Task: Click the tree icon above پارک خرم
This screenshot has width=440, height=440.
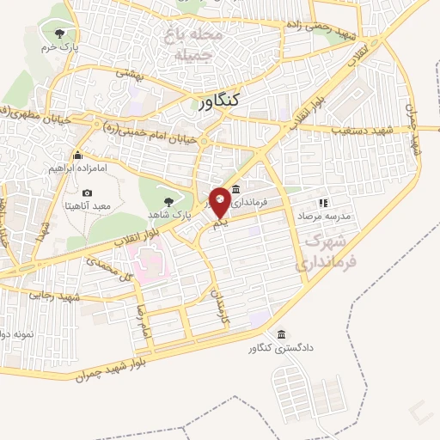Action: point(58,34)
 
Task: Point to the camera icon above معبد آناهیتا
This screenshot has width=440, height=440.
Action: point(87,193)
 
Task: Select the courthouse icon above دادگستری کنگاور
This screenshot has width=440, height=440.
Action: point(281,335)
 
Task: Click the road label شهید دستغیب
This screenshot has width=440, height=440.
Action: point(356,130)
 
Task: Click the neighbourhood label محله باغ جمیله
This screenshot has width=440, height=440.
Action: point(197,43)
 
